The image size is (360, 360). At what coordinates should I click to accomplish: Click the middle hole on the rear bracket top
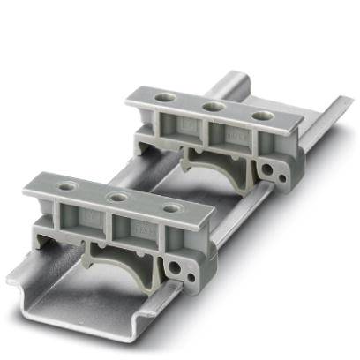(212, 106)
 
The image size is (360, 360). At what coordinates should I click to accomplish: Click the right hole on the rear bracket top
(259, 116)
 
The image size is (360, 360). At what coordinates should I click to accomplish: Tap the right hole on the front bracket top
(173, 209)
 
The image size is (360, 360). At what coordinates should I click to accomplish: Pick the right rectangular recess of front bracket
(141, 231)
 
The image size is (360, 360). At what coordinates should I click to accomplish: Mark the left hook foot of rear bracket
(147, 141)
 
